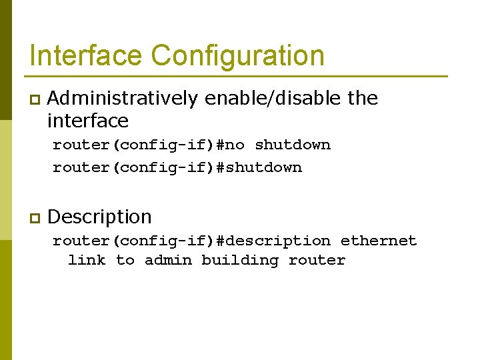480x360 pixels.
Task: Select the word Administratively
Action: coord(123,99)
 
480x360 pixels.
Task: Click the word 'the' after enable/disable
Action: coord(363,99)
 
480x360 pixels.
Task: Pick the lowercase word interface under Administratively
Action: coord(87,121)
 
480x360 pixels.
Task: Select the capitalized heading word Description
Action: coord(100,217)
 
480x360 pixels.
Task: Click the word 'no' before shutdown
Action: coord(235,145)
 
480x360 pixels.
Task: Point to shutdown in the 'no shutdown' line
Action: coord(293,145)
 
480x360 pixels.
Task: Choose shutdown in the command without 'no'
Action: coord(264,167)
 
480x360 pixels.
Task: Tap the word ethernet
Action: coord(379,241)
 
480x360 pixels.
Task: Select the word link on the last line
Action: coord(87,261)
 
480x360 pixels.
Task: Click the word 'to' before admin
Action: coord(125,261)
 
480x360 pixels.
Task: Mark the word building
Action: coord(240,261)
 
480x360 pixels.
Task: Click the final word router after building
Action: coord(317,261)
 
